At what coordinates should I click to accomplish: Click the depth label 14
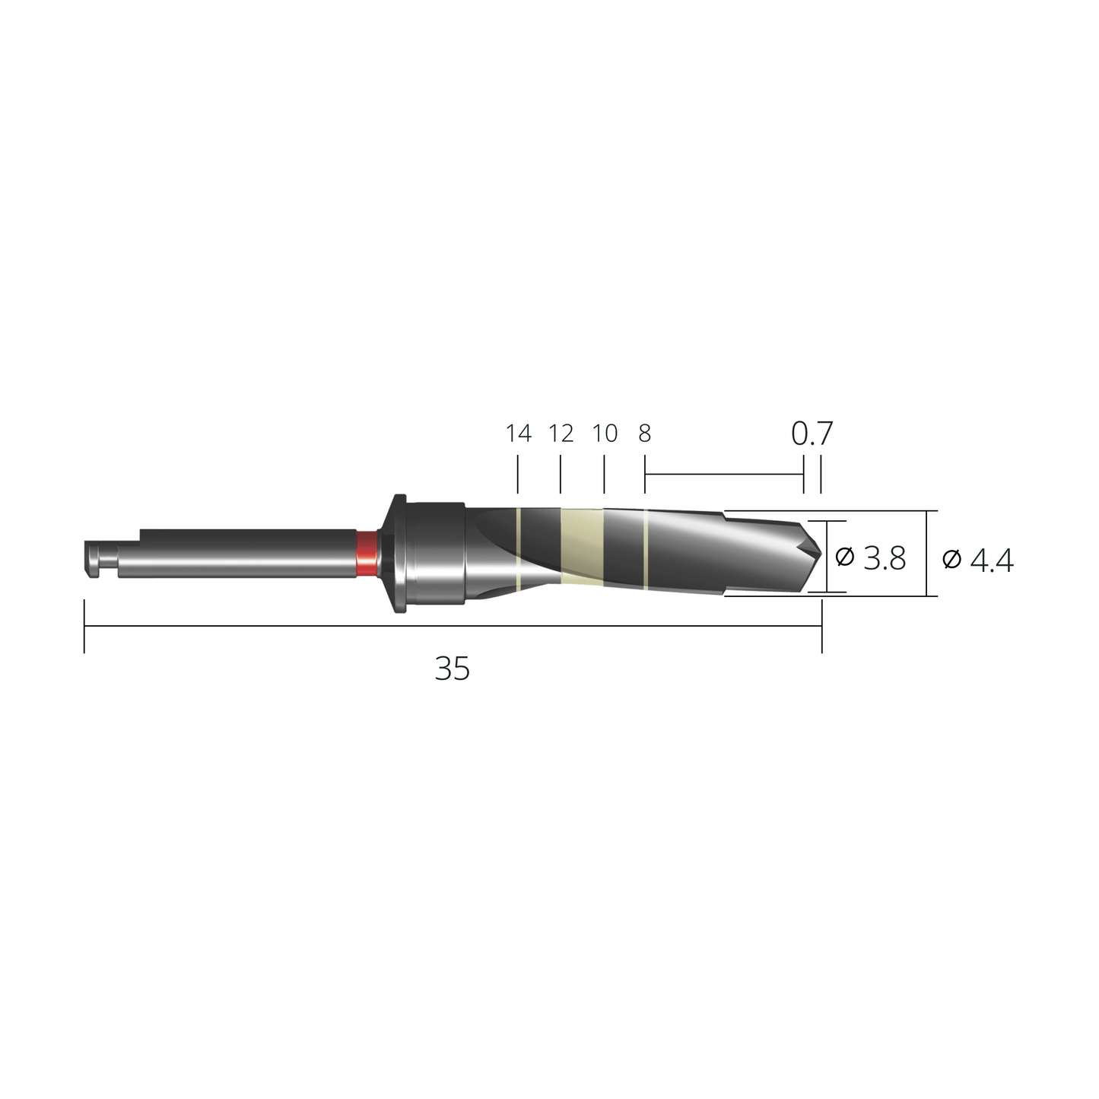coord(519,434)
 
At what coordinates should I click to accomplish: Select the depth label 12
coord(561,434)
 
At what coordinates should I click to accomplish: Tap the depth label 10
coord(605,434)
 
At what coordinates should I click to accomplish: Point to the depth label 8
coord(644,434)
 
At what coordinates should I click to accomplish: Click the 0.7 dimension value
coord(812,434)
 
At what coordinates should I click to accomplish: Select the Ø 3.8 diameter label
coord(870,557)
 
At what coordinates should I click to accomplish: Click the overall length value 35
coord(453,669)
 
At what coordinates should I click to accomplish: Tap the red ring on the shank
coord(366,553)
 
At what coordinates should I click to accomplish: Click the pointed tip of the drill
coord(821,552)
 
